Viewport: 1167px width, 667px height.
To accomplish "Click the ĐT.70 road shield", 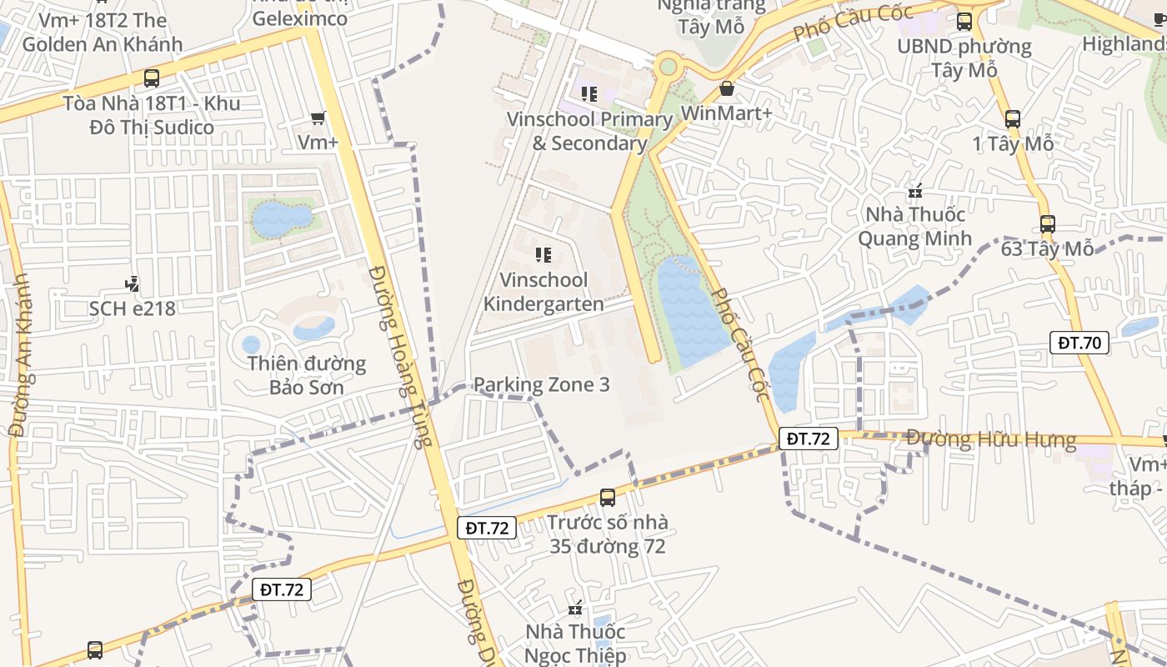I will click(1079, 342).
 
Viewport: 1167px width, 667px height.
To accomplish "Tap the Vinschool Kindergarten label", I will click(543, 292).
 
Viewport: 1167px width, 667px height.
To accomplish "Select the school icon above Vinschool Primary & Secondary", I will click(589, 94).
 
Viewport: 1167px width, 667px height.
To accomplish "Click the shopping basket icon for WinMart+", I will click(727, 88).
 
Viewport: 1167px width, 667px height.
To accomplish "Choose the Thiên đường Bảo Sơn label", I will click(306, 375).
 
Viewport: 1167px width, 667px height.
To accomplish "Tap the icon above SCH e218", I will click(132, 285).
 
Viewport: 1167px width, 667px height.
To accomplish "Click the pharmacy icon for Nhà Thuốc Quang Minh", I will click(915, 192).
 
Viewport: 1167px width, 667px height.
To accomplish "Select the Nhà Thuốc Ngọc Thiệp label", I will click(575, 644).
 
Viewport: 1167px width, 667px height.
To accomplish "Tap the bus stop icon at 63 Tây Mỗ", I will click(1047, 224).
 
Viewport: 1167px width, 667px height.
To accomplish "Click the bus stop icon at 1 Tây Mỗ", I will click(1012, 119).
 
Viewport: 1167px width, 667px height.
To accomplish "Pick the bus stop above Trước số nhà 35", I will click(608, 498).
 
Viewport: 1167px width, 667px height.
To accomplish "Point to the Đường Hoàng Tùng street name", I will click(402, 357).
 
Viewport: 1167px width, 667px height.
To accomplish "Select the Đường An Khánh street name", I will click(20, 354).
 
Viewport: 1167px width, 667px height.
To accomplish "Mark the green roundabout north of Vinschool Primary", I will click(668, 65).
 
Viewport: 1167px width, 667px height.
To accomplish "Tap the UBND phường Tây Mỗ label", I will click(964, 58).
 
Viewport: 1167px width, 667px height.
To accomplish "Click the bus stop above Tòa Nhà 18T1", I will click(151, 78).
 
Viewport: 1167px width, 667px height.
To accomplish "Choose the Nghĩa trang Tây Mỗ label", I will click(711, 16).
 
